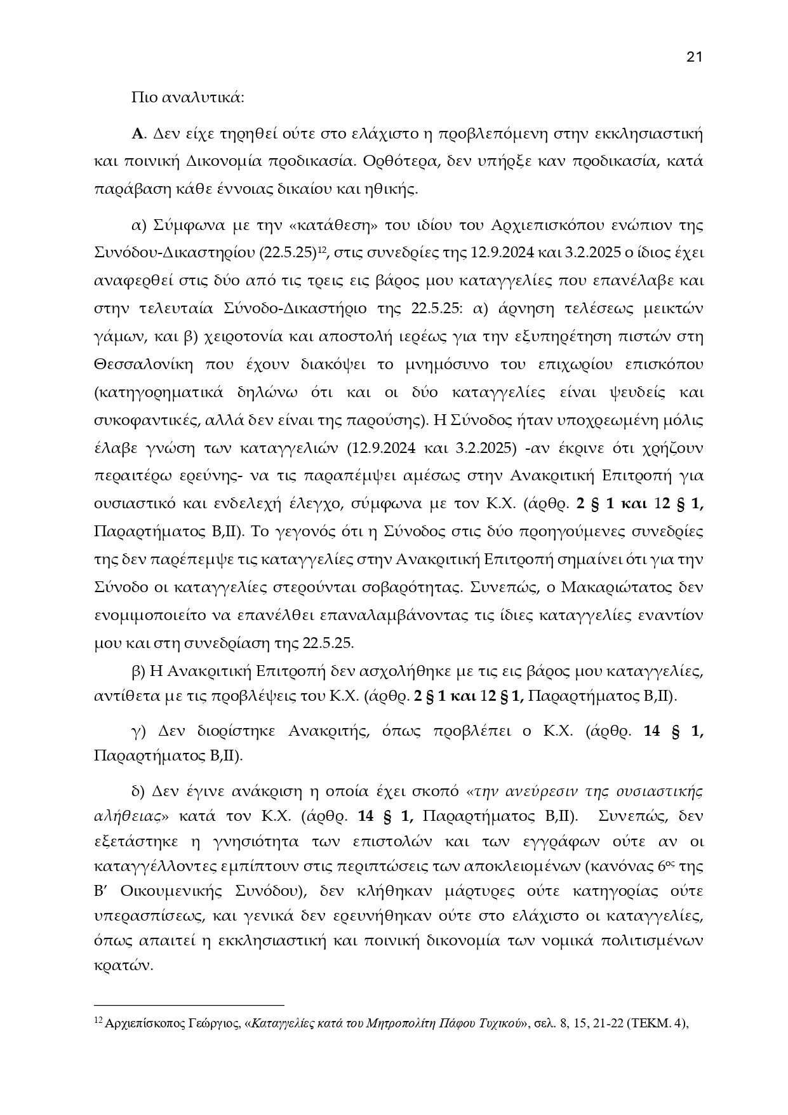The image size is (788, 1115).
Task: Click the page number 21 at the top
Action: click(x=694, y=57)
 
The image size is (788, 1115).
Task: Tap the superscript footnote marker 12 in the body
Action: click(x=321, y=248)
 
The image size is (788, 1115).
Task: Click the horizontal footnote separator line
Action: click(x=189, y=1006)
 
